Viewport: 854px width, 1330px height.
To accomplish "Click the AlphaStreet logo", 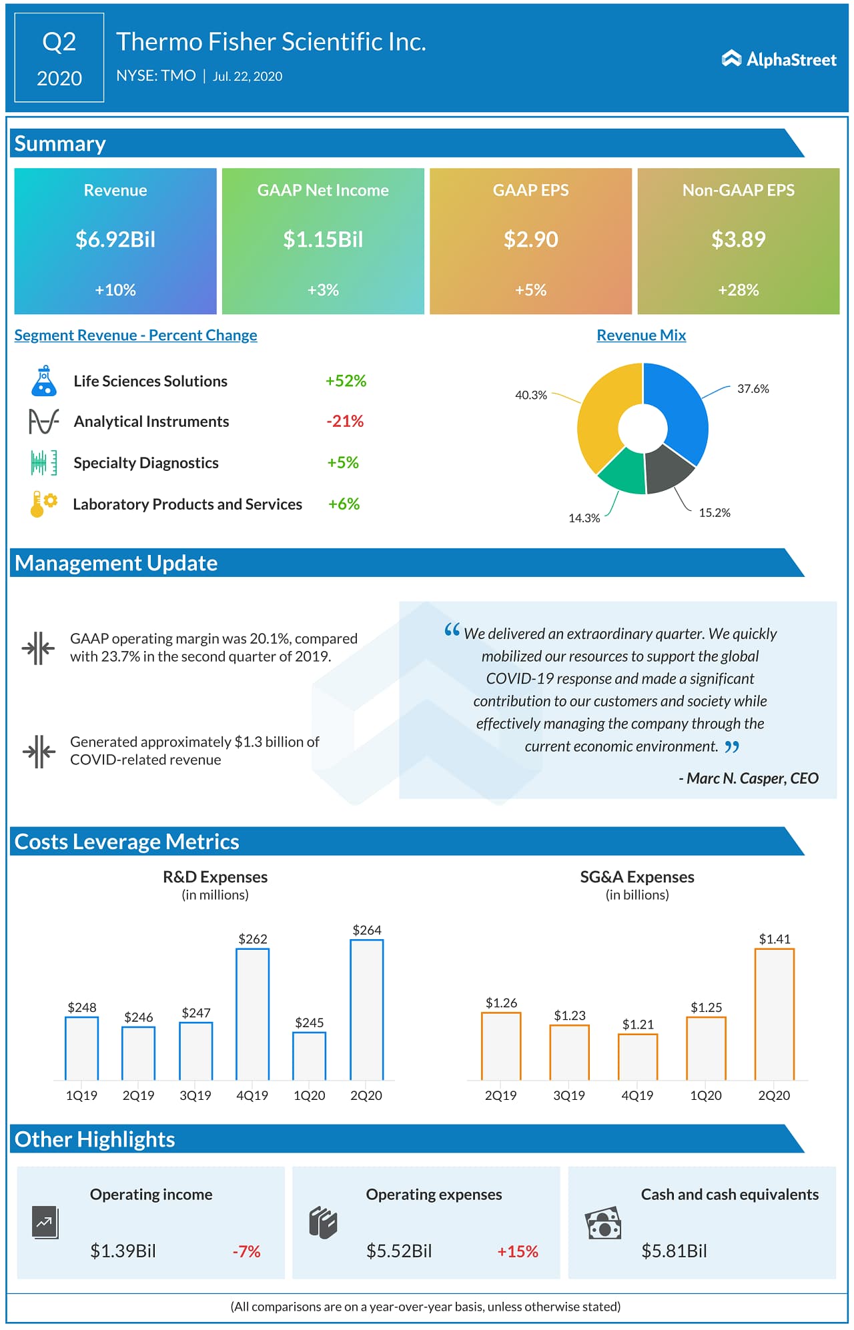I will pos(779,59).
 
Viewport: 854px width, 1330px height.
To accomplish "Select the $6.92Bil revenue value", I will pos(115,239).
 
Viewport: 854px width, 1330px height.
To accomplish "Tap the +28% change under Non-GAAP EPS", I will pos(738,289).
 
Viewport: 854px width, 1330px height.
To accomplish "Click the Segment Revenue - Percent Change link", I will pos(135,335).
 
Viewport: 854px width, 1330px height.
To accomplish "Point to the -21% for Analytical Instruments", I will pos(345,421).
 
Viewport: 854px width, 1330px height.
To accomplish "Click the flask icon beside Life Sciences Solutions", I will pos(44,381).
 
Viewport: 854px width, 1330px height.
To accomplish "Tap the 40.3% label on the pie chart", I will pos(530,395).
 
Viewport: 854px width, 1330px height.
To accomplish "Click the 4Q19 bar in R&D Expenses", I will pos(252,1014).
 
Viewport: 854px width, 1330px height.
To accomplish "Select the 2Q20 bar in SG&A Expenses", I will pos(774,1014).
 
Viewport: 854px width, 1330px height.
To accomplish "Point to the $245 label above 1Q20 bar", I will pos(309,1023).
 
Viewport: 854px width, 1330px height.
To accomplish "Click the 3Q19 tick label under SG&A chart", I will pos(569,1095).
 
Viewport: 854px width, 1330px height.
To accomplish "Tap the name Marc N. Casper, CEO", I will pos(749,778).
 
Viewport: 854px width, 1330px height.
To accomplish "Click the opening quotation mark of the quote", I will pos(452,630).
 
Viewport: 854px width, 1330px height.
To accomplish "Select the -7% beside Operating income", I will pos(246,1251).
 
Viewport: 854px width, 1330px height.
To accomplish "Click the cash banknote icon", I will pos(603,1223).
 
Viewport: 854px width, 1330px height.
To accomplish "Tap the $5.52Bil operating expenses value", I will pos(399,1251).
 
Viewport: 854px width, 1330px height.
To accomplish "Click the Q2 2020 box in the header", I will pos(59,59).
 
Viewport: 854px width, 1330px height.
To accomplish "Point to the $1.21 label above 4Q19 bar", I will pos(638,1024).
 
